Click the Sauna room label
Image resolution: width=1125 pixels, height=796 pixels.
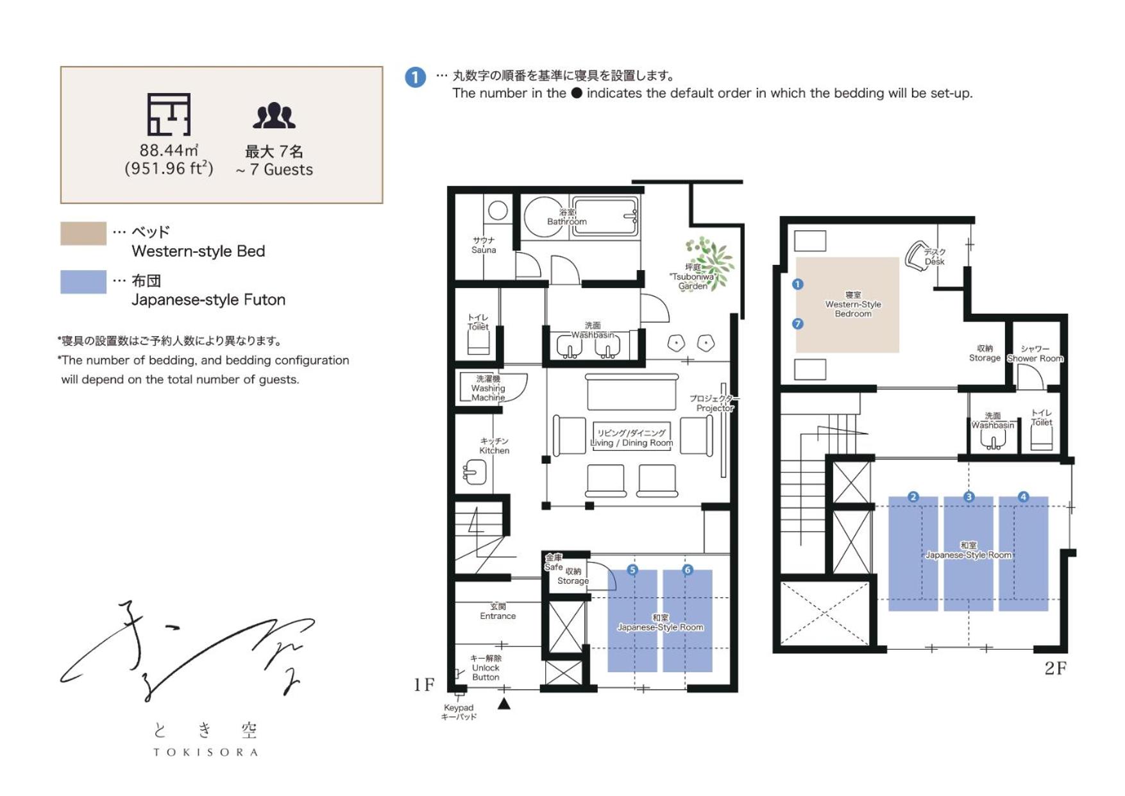(x=484, y=245)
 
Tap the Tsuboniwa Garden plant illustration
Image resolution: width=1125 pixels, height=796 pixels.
(x=711, y=261)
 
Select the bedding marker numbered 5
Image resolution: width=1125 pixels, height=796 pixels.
(x=632, y=570)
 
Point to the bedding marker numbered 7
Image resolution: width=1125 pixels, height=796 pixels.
(x=797, y=324)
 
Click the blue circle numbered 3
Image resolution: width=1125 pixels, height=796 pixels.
(x=969, y=496)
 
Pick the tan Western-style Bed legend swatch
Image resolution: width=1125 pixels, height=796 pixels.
(x=83, y=233)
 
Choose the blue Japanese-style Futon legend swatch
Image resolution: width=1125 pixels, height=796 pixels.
(x=83, y=282)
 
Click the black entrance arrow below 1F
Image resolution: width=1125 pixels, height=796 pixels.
(x=504, y=704)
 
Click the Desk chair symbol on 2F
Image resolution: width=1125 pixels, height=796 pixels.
(x=916, y=256)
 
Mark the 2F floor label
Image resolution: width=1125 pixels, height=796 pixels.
(x=1056, y=668)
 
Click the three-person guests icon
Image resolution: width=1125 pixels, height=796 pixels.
(x=274, y=116)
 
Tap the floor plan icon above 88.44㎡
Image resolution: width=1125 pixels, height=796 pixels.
(x=169, y=114)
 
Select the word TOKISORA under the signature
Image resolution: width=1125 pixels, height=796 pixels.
(x=205, y=752)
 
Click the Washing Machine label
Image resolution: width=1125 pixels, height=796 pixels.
(x=488, y=388)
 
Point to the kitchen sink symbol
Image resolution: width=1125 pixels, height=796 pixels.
(x=475, y=473)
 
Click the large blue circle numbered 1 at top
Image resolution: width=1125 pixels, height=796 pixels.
(x=416, y=78)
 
